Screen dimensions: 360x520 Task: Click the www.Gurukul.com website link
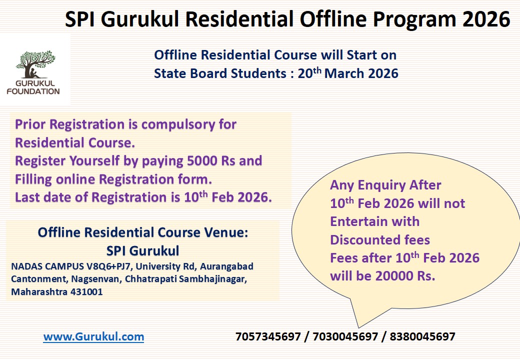click(x=93, y=337)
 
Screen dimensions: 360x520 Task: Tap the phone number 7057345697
click(x=268, y=337)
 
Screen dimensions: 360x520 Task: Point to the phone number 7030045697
click(x=345, y=337)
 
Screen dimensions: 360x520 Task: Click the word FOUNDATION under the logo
click(x=33, y=91)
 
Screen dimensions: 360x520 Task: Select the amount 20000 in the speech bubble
click(x=388, y=276)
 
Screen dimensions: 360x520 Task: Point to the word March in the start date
click(x=344, y=73)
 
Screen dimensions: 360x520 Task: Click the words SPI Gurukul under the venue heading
click(x=143, y=250)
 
